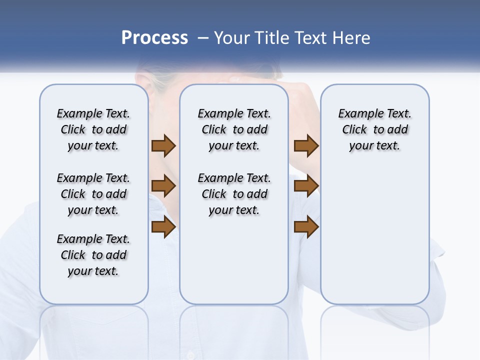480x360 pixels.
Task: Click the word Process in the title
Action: (x=154, y=38)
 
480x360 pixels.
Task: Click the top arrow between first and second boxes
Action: (x=163, y=146)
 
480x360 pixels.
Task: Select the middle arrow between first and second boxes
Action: (x=163, y=186)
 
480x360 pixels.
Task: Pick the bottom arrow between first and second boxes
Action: (x=163, y=227)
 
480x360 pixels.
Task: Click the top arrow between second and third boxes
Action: (x=306, y=146)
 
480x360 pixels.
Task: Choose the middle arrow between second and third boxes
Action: (x=306, y=186)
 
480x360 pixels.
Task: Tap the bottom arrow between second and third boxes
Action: (x=306, y=227)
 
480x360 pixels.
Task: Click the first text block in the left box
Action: (x=93, y=129)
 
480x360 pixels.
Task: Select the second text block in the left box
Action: (x=93, y=194)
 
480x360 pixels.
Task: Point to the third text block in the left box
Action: (x=93, y=255)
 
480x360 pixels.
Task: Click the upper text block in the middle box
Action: (x=234, y=129)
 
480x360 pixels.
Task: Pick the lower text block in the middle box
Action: (x=234, y=194)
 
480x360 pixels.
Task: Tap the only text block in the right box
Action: (x=374, y=129)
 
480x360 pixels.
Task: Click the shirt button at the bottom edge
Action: (x=189, y=355)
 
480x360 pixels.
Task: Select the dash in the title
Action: (x=203, y=38)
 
